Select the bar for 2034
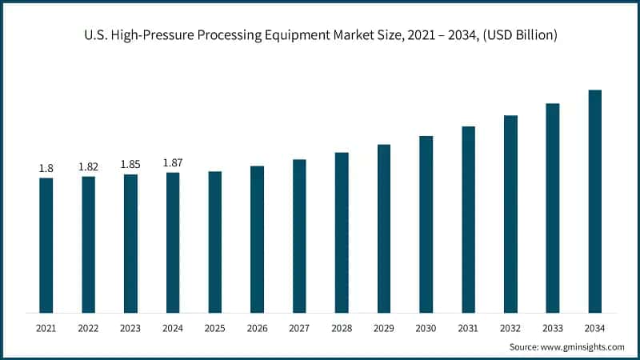click(595, 201)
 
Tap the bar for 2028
click(342, 232)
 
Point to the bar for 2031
click(469, 219)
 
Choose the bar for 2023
click(130, 243)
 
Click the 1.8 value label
click(46, 168)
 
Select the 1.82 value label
click(88, 166)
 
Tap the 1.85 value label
click(130, 164)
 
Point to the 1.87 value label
click(173, 162)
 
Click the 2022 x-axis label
click(88, 328)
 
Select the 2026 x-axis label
click(257, 328)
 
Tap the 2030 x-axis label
click(426, 328)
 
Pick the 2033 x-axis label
click(553, 328)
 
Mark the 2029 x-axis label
click(384, 328)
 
